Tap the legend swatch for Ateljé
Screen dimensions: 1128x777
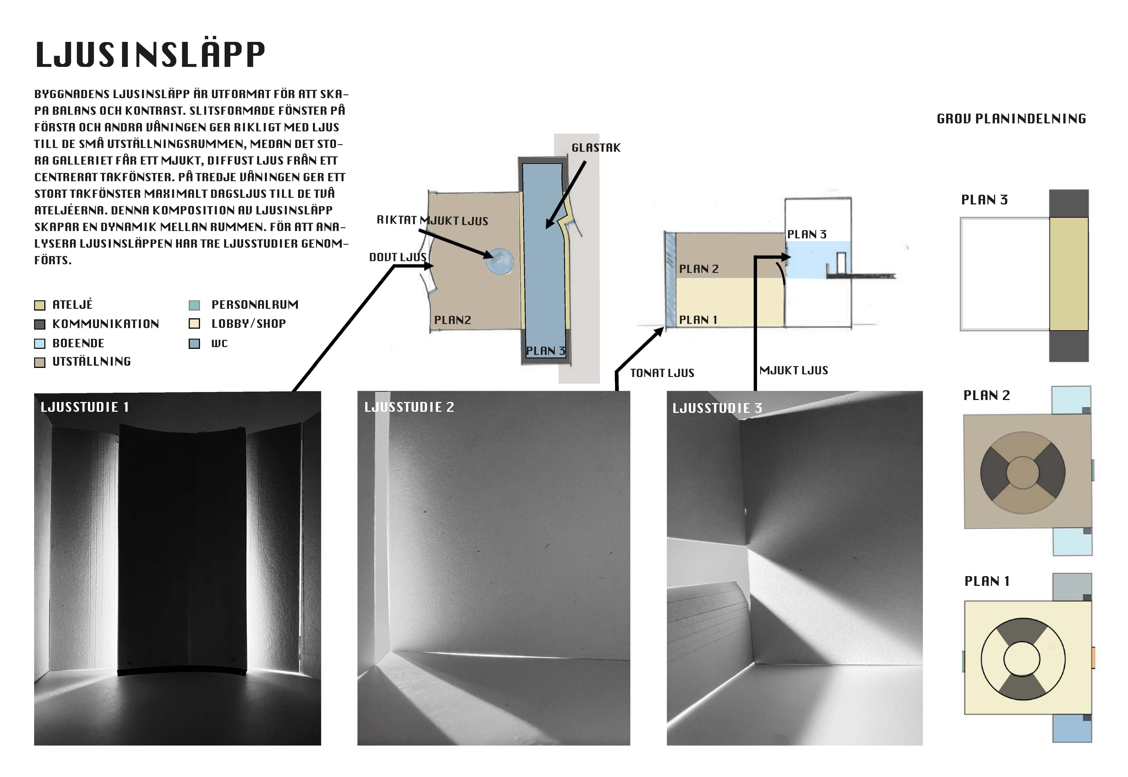(x=40, y=305)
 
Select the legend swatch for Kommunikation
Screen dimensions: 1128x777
(x=40, y=324)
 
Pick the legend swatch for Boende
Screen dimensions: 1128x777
(x=40, y=344)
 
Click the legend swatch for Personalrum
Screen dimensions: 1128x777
(x=194, y=305)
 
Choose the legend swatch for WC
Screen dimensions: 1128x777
(x=194, y=344)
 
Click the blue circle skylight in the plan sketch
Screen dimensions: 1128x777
(x=499, y=261)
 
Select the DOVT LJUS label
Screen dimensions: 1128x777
(x=398, y=257)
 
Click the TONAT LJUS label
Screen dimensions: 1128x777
(x=662, y=373)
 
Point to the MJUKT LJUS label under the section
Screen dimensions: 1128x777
(x=794, y=371)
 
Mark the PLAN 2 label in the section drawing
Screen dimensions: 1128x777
(x=699, y=269)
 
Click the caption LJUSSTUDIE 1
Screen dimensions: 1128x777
(x=85, y=407)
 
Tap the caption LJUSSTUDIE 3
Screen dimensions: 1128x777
(x=717, y=408)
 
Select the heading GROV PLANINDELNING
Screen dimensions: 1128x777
(x=1011, y=119)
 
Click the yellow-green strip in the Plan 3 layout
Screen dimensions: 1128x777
(x=1069, y=274)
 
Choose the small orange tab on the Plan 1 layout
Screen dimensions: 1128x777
(x=1093, y=658)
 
